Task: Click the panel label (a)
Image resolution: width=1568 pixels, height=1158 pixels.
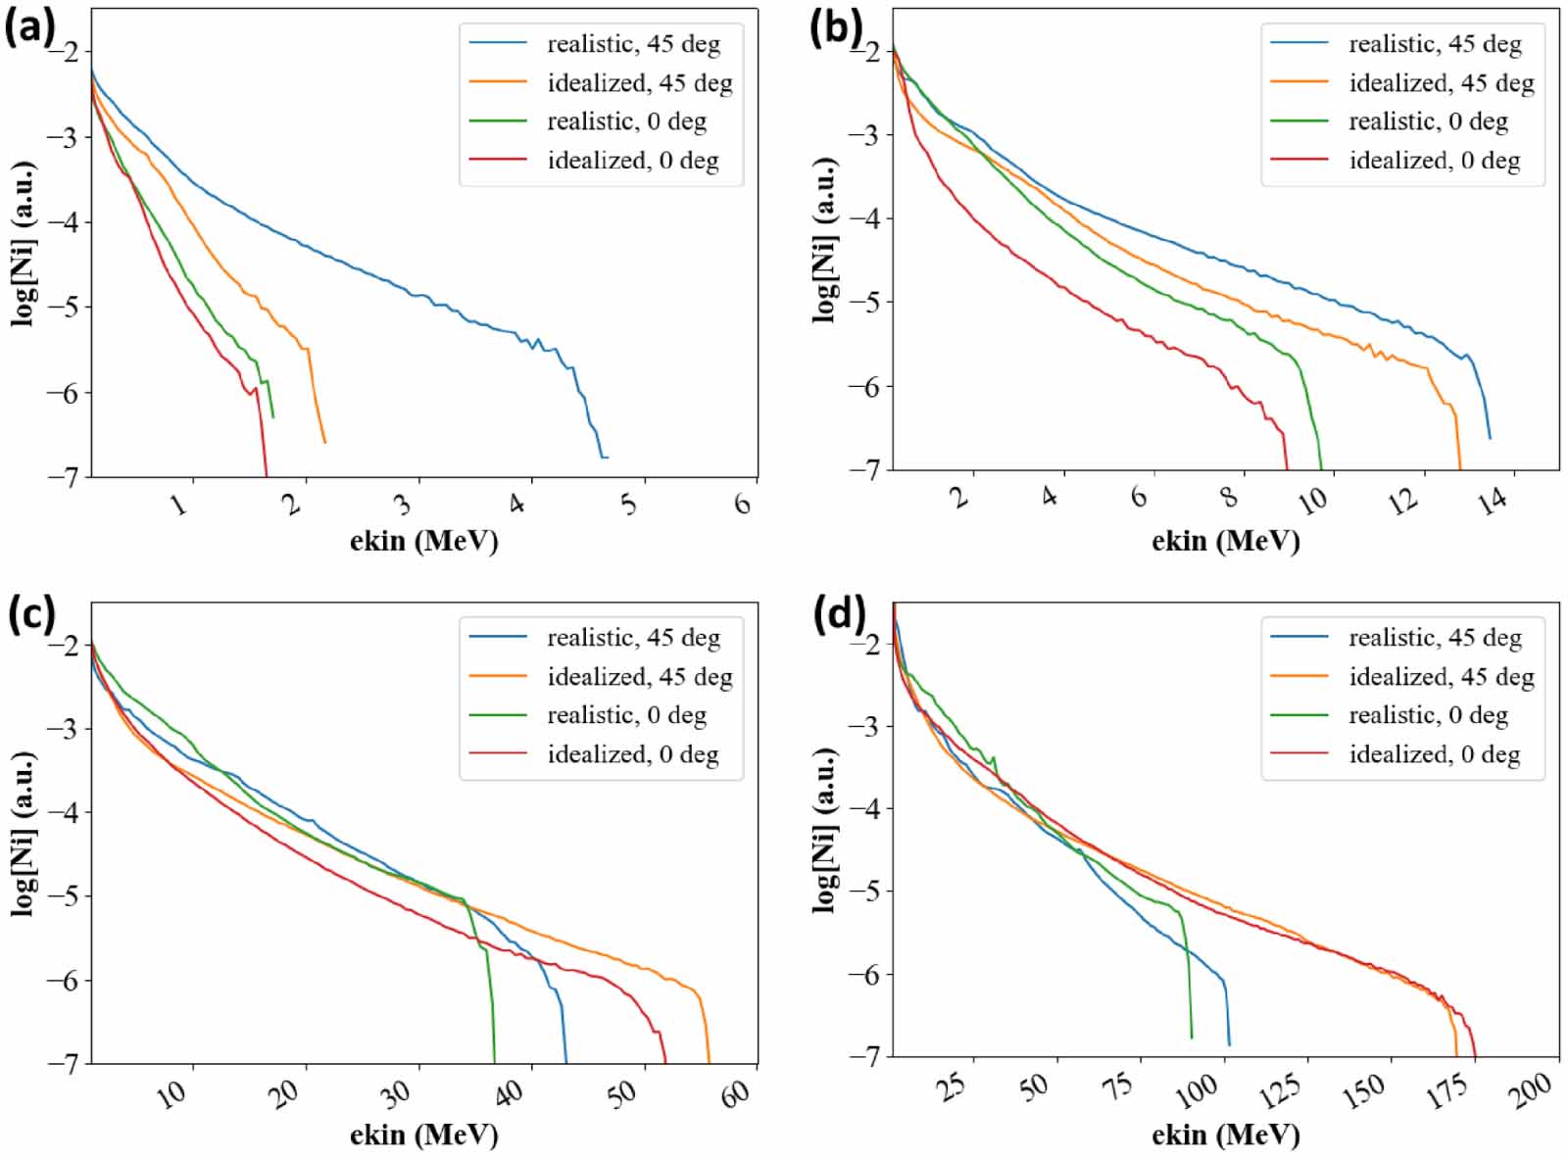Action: [x=29, y=27]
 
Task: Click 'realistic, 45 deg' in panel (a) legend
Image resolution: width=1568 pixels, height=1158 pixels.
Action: [x=633, y=44]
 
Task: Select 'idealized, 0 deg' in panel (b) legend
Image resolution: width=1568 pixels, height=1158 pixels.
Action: [x=1434, y=161]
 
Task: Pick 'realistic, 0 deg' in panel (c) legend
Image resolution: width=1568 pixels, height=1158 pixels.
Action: [x=626, y=715]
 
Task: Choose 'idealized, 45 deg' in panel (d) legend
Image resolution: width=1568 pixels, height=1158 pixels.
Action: [x=1441, y=677]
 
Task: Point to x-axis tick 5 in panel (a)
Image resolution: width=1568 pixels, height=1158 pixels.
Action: [x=629, y=504]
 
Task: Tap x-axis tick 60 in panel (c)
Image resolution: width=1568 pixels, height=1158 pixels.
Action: [x=737, y=1093]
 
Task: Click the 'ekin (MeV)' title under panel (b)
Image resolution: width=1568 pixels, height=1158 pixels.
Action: [x=1225, y=541]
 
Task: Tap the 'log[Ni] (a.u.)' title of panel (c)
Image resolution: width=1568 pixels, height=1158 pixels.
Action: [x=24, y=834]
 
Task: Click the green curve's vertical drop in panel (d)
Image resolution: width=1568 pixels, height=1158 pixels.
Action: [x=1189, y=980]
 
